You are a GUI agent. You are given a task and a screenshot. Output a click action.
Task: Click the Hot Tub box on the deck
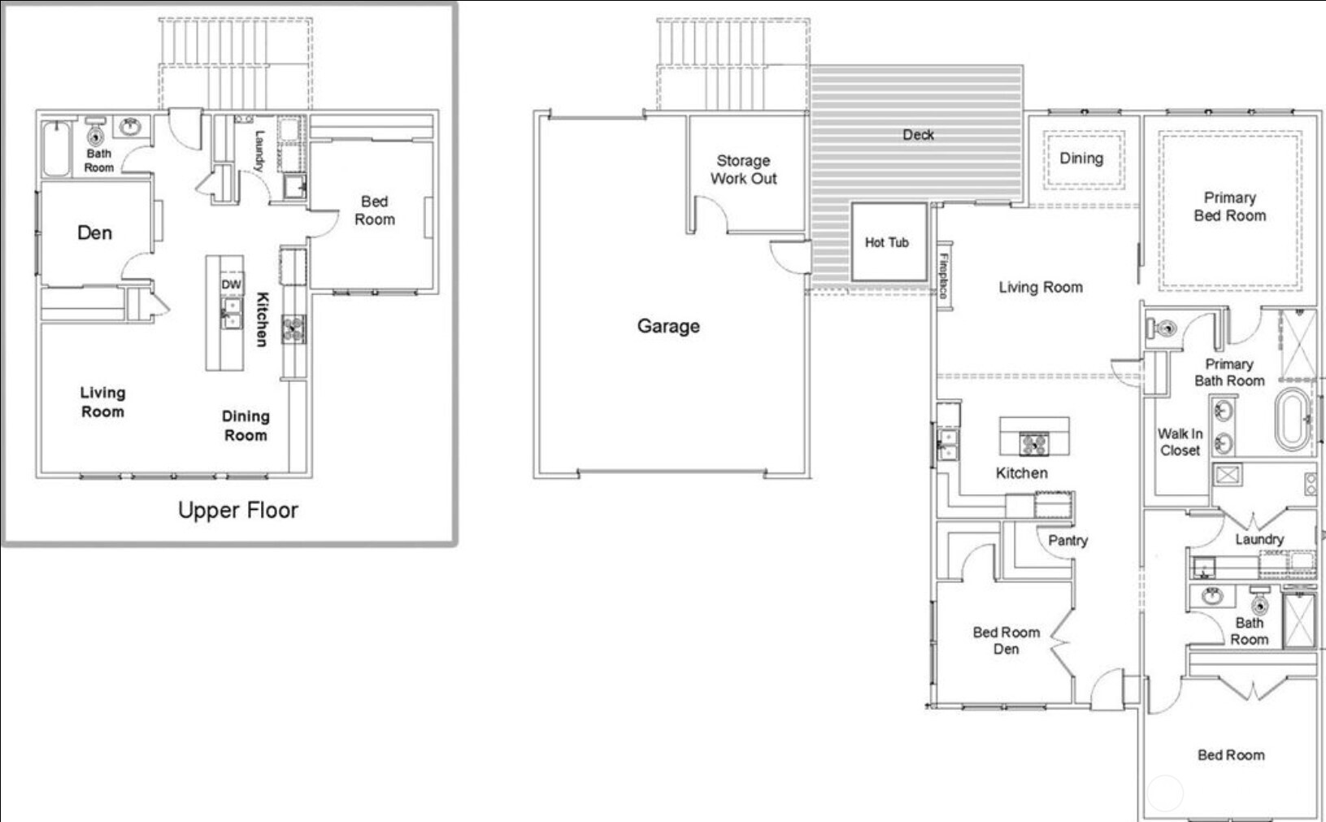point(887,242)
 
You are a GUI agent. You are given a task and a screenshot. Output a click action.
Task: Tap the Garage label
point(668,326)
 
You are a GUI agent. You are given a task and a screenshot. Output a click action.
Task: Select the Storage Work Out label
point(743,170)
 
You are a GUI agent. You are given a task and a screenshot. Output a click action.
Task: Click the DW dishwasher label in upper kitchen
point(231,284)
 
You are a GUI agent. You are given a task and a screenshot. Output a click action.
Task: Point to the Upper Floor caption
point(237,510)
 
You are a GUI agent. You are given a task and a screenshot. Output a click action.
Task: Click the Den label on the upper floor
point(94,233)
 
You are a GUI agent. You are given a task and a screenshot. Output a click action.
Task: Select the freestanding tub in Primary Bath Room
point(1292,420)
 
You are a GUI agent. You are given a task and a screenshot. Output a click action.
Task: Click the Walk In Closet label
point(1180,442)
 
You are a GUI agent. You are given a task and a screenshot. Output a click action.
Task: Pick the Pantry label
point(1067,540)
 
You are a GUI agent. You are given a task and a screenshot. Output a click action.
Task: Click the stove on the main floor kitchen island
point(1033,444)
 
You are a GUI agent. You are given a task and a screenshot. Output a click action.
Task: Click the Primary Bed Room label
point(1229,207)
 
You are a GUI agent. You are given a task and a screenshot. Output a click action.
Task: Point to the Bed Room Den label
point(1006,641)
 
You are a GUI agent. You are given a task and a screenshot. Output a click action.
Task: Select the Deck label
point(918,135)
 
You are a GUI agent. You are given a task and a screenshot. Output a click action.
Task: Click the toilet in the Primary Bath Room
point(1161,328)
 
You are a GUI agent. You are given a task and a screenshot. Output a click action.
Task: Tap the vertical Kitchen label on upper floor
point(262,319)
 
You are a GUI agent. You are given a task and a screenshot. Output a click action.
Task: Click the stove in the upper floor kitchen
point(293,328)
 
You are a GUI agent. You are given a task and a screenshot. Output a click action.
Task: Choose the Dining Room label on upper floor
point(246,425)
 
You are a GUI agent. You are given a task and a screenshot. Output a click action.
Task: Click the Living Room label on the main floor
point(1041,287)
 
